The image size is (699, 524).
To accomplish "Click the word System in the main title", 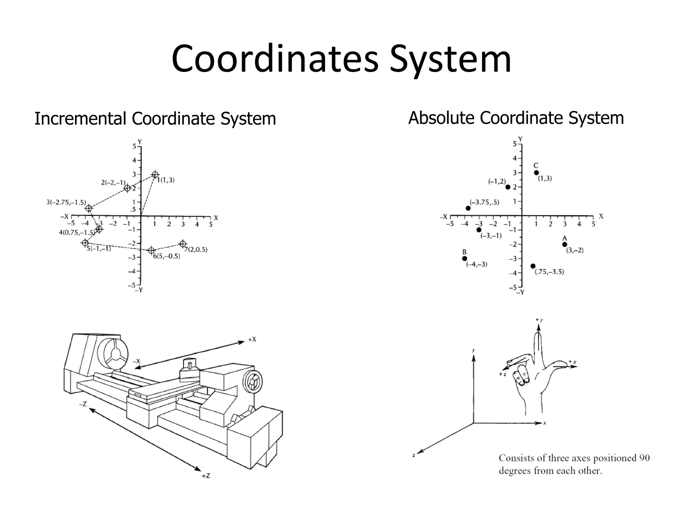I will click(451, 60).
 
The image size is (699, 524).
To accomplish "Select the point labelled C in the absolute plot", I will click(536, 173).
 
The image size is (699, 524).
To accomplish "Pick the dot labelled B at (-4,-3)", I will click(465, 258).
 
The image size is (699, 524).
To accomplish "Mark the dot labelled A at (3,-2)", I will click(565, 244).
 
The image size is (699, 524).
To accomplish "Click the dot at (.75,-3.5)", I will click(533, 266).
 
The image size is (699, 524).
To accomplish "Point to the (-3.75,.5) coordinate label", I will click(484, 202).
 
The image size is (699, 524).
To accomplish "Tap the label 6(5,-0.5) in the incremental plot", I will click(166, 256).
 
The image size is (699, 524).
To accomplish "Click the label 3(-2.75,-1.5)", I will click(66, 202).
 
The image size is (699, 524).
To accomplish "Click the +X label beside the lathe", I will click(252, 339).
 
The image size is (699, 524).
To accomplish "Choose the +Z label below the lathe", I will click(206, 476).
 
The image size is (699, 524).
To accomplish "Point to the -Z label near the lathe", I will click(83, 404).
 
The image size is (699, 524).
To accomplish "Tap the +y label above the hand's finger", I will click(539, 320).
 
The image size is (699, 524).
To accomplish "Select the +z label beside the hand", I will click(502, 374).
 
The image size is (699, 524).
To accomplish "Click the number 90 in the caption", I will click(644, 458).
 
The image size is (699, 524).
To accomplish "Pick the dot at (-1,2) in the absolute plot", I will click(508, 187).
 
